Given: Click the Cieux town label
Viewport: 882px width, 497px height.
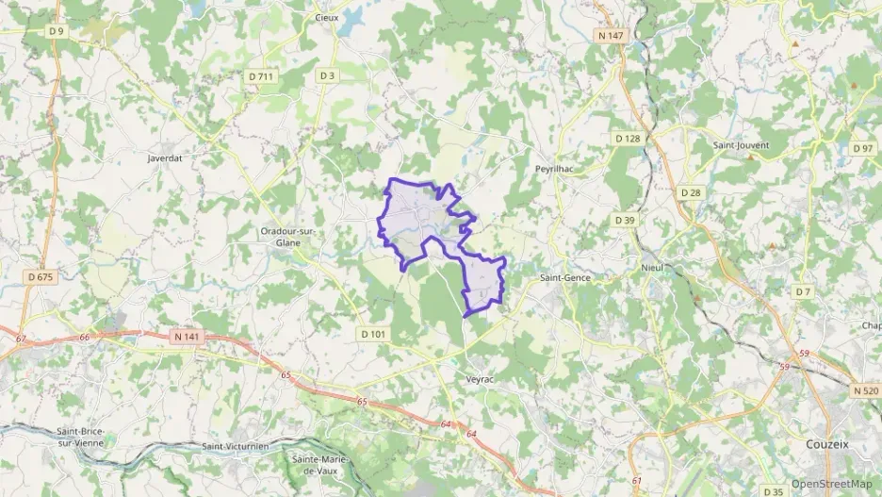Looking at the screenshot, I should [327, 17].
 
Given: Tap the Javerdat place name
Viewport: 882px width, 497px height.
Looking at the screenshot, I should [164, 159].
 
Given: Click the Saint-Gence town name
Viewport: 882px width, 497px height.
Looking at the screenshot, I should [563, 278].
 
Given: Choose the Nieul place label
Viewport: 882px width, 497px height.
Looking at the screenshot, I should [652, 267].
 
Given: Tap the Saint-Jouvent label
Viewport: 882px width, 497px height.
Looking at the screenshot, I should [742, 145].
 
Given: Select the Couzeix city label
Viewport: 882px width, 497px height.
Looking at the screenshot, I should [828, 443].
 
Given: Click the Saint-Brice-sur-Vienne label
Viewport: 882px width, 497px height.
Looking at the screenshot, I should [79, 437].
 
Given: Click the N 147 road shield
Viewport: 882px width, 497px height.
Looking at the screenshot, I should [611, 36].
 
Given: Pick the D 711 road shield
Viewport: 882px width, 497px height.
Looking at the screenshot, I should [261, 75].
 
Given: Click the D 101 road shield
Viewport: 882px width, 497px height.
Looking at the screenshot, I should [372, 334].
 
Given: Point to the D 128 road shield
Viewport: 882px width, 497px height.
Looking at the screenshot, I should [628, 139].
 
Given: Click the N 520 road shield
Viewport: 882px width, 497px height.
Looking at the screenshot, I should [865, 390].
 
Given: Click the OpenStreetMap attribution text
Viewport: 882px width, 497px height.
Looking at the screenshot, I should [832, 484].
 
